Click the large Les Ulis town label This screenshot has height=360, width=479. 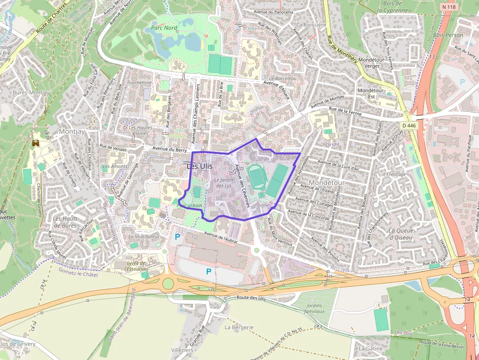[199, 166]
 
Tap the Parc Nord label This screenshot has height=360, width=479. [164, 28]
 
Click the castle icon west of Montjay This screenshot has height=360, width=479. [35, 143]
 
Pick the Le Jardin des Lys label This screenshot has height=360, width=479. [223, 183]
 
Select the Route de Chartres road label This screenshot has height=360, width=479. [51, 23]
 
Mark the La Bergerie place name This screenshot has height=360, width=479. [239, 327]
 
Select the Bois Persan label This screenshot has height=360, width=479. [448, 35]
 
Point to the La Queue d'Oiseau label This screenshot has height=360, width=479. [400, 234]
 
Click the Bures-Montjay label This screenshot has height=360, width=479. [31, 92]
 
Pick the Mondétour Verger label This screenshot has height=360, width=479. [376, 62]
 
